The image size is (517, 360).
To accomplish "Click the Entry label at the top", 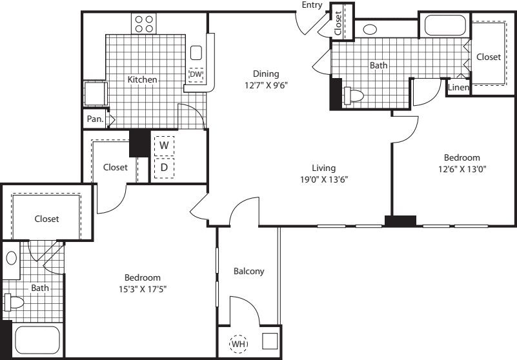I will [x=312, y=5].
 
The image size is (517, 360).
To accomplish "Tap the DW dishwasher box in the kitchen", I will [x=196, y=75].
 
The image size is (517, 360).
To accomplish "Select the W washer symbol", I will [x=165, y=146].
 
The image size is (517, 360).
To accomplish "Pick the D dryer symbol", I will [x=165, y=168].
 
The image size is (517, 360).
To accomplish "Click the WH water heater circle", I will [x=238, y=345].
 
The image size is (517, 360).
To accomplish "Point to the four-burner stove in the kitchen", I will [x=145, y=23].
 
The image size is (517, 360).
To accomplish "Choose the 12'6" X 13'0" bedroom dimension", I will [x=461, y=170].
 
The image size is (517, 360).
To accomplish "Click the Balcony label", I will [x=248, y=272].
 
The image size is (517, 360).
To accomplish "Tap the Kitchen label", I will [x=142, y=80].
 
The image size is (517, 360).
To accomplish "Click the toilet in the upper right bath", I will [x=353, y=95].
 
